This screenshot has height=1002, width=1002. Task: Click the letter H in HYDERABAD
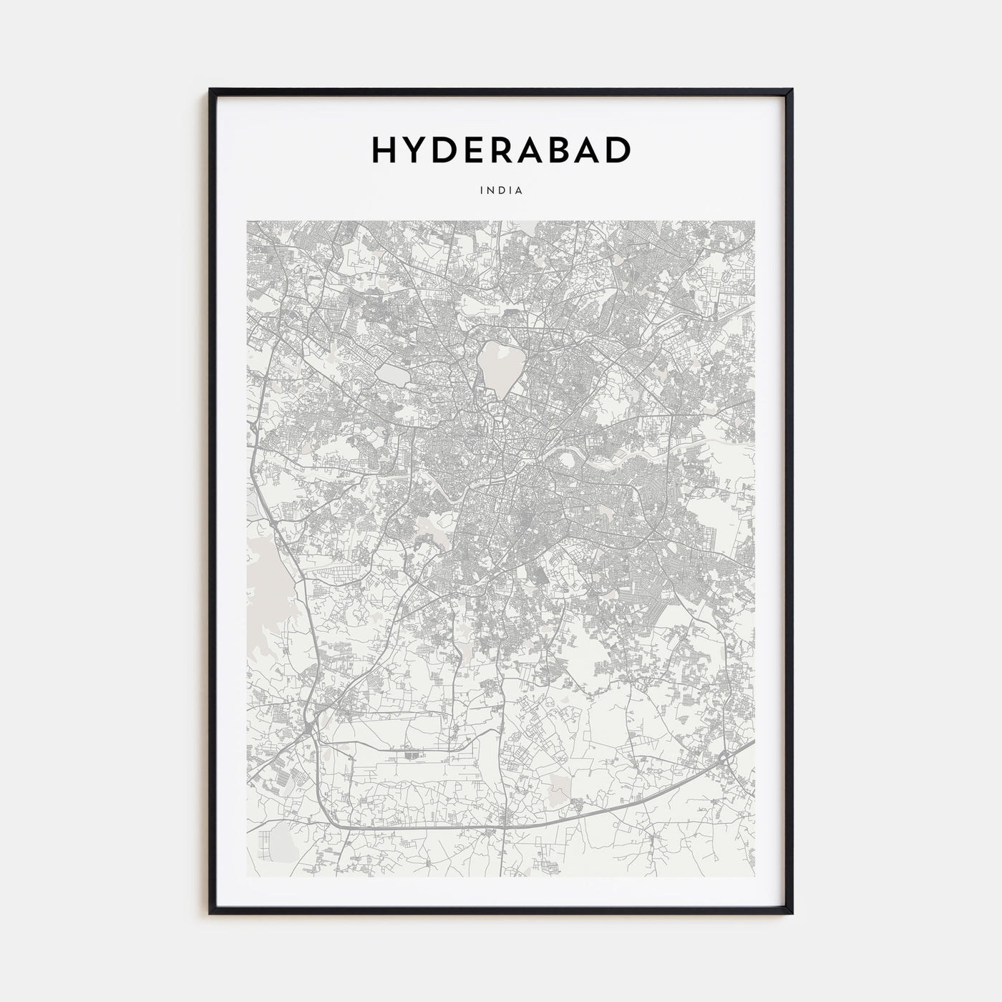tap(385, 150)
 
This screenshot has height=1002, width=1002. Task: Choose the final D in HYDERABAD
tap(618, 150)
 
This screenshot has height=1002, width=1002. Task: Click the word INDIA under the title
tap(501, 191)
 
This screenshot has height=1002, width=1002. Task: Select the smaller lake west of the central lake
tap(391, 375)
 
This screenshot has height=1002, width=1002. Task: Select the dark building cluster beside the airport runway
tap(410, 755)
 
